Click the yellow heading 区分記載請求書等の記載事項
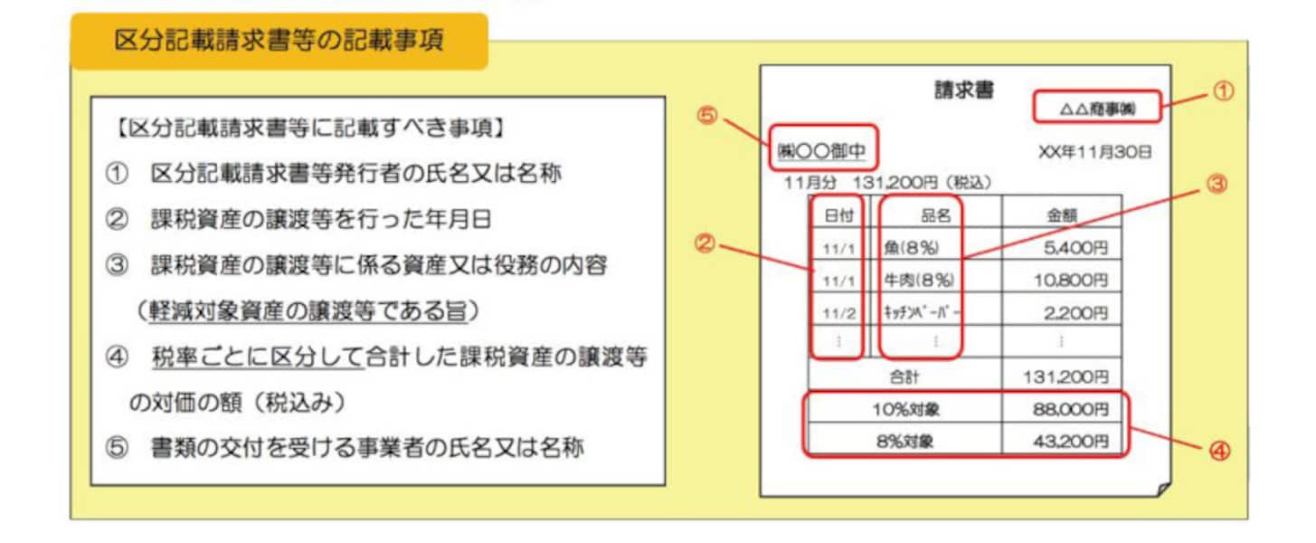pos(279,42)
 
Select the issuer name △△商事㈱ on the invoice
pos(1097,108)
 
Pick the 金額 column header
pos(1061,214)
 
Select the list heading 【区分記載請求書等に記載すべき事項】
pos(310,129)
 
